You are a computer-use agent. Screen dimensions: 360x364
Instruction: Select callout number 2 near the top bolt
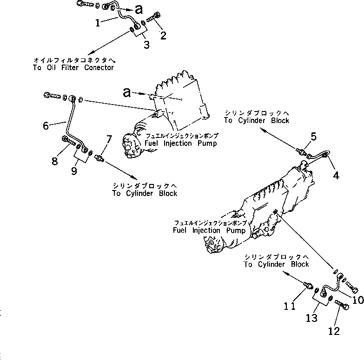(163, 36)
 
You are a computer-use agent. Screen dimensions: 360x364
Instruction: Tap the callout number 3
(146, 45)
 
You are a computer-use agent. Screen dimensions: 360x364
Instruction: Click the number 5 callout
(313, 137)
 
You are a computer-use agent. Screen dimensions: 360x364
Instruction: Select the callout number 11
(290, 305)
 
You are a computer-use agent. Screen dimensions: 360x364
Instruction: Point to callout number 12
(334, 331)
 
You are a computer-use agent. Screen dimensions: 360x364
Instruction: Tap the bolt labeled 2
(153, 19)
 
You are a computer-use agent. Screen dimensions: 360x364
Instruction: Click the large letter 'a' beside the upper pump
(127, 92)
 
